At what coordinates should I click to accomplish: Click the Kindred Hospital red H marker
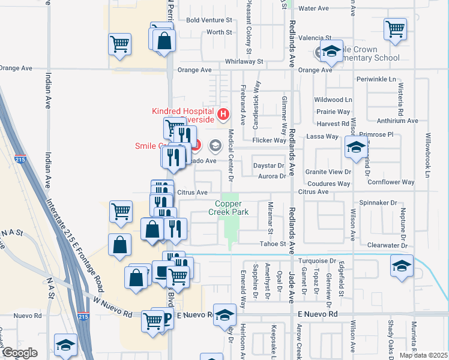223,113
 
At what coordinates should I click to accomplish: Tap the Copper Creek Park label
228,208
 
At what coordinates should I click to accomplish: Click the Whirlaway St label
244,61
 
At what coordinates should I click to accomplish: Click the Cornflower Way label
391,182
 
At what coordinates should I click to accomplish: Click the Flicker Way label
269,140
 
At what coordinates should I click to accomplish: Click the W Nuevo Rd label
108,305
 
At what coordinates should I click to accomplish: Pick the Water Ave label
314,8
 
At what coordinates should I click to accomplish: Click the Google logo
19,353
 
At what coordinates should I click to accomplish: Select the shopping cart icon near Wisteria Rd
396,28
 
